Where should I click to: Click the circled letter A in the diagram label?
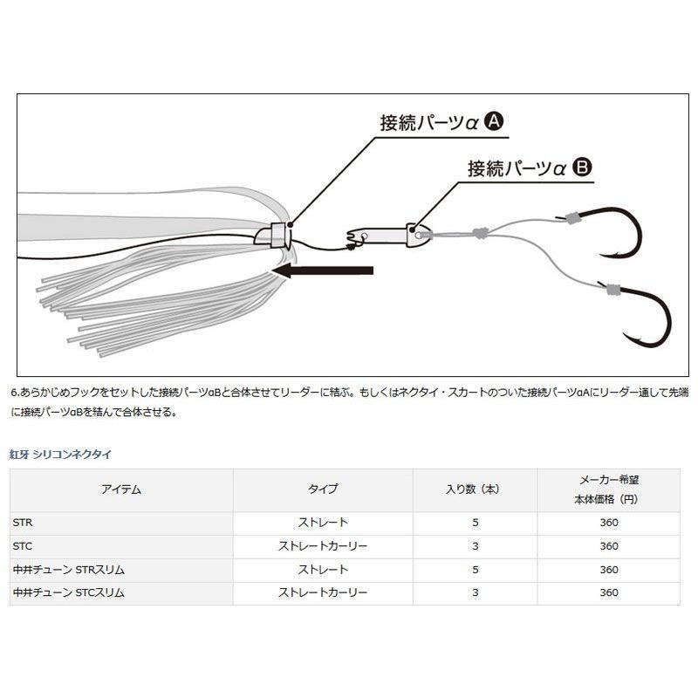pos(493,121)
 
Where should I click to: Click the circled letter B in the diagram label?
pos(582,168)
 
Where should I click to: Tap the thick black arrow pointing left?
pos(322,270)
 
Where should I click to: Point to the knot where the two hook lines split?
pos(480,232)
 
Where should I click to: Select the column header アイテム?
pos(121,489)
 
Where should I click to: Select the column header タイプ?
pos(323,489)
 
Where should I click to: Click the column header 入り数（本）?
pos(475,489)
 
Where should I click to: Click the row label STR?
pos(23,523)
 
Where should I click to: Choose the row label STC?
pos(23,546)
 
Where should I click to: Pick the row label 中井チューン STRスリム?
pos(69,570)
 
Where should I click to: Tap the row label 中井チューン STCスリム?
pos(69,592)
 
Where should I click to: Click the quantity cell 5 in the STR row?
pos(476,523)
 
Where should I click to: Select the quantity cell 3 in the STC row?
pos(476,546)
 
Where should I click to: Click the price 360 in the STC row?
pos(609,546)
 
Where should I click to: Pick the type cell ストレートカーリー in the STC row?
pos(323,546)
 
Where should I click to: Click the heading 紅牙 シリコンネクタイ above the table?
pos(60,455)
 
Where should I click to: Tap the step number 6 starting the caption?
pos(14,393)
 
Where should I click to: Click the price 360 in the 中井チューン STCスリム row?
pos(609,592)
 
